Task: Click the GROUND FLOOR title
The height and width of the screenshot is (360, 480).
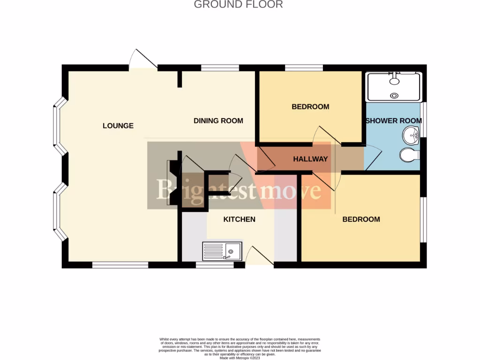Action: point(238,5)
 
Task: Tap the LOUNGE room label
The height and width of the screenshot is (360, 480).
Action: point(118,126)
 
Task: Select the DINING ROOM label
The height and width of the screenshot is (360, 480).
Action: point(218,121)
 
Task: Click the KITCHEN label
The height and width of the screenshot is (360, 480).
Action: point(239,219)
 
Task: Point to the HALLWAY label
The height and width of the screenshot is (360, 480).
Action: point(310,159)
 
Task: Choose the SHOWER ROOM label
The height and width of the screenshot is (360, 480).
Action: point(394,120)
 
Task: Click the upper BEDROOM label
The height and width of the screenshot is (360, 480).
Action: point(310,106)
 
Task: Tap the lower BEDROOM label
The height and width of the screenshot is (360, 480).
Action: point(361,219)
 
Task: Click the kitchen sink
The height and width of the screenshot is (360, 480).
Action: point(222,251)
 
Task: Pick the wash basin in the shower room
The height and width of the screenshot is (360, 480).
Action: point(411,135)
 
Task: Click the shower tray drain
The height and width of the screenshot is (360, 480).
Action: point(394,96)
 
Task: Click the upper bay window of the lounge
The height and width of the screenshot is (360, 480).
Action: point(60,126)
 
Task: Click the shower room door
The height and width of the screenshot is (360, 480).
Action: point(373,157)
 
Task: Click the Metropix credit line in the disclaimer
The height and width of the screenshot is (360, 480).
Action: point(240,358)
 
